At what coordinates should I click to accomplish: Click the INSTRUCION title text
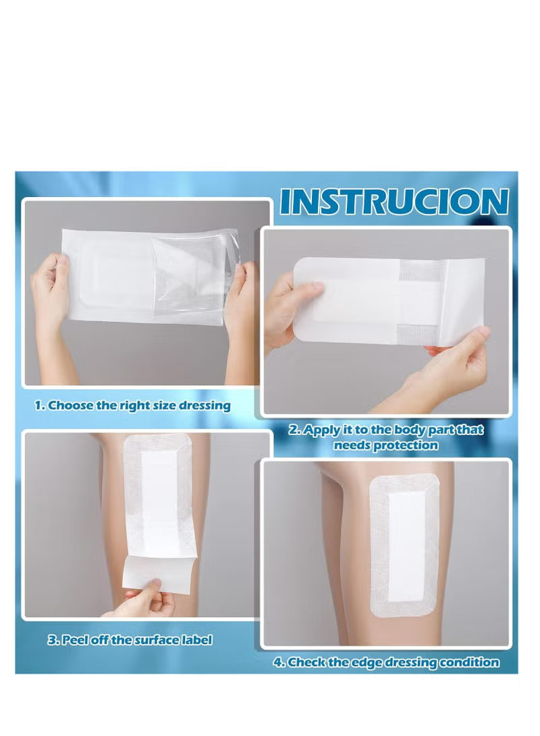(394, 202)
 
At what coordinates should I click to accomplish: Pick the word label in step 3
(194, 640)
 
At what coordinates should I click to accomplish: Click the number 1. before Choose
(40, 406)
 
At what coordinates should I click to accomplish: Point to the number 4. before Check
(279, 662)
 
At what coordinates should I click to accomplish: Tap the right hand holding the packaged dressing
(241, 297)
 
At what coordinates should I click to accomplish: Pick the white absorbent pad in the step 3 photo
(159, 499)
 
